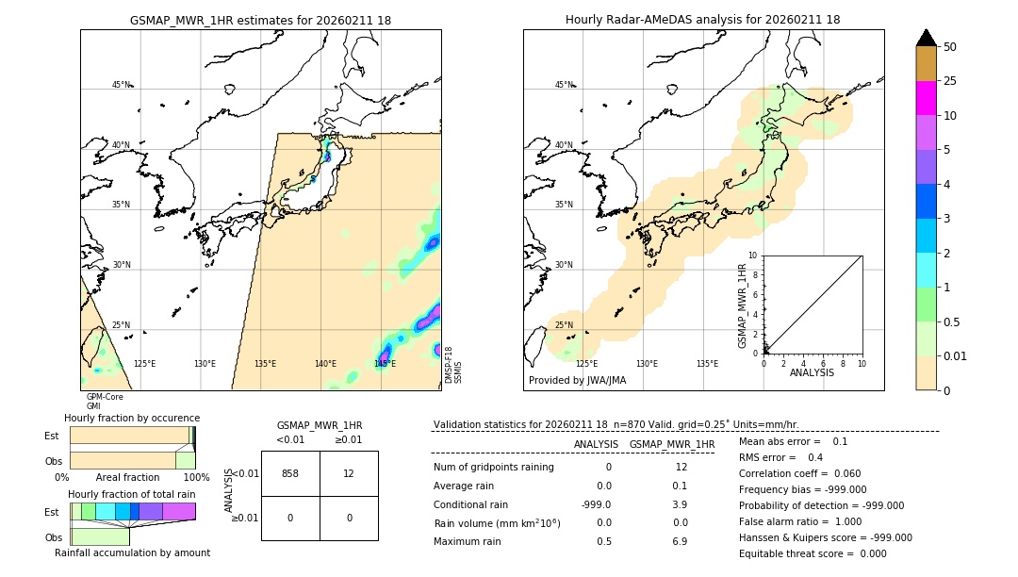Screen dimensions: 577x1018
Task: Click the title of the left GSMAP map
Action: click(260, 20)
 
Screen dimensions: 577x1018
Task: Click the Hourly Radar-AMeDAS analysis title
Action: click(702, 20)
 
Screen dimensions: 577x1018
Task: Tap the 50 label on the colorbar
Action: click(950, 47)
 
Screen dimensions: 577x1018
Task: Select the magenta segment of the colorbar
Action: click(926, 98)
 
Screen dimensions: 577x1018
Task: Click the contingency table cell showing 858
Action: click(290, 473)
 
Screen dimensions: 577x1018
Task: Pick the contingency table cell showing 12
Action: click(349, 473)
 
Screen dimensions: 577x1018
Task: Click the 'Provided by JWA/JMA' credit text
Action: click(577, 381)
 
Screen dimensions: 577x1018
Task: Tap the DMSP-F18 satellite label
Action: click(449, 366)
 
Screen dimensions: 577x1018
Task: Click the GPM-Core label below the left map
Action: click(105, 397)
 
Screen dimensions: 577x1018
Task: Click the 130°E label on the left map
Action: click(205, 364)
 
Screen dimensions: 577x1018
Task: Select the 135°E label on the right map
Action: click(707, 364)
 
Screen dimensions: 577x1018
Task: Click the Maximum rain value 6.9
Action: click(680, 541)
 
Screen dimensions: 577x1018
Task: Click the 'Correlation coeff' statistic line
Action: click(799, 473)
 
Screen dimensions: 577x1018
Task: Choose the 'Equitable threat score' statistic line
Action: click(812, 553)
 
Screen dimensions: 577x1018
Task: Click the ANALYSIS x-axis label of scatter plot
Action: click(812, 372)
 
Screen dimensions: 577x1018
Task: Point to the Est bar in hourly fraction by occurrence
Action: click(131, 436)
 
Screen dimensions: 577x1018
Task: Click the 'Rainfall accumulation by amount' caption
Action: click(132, 552)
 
